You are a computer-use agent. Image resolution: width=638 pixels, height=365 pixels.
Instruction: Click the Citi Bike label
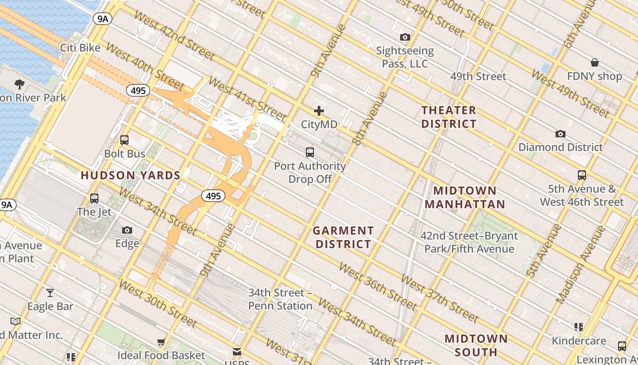click(x=81, y=48)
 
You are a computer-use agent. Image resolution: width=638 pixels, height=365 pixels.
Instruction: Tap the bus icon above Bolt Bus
click(x=124, y=140)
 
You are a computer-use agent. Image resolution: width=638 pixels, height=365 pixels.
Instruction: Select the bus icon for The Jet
click(x=94, y=198)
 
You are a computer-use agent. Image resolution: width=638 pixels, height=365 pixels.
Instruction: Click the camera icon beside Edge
click(x=127, y=230)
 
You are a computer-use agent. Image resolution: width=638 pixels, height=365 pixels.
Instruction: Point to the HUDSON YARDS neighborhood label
click(x=131, y=176)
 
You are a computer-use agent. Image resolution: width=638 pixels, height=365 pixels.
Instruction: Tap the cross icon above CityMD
click(x=319, y=111)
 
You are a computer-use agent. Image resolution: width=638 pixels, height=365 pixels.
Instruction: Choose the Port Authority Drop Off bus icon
click(x=310, y=152)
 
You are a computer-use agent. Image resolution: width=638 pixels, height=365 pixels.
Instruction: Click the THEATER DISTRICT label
click(x=449, y=117)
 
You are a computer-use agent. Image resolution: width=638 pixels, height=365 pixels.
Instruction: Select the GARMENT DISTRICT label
click(x=344, y=237)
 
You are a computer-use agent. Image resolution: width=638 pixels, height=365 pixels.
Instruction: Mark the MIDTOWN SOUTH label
click(x=476, y=345)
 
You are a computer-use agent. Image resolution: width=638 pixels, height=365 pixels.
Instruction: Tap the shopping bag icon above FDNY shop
click(x=594, y=63)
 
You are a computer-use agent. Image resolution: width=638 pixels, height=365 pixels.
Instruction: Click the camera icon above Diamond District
click(x=561, y=134)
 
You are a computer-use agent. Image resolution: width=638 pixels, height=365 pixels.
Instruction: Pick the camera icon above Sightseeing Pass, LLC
click(x=405, y=37)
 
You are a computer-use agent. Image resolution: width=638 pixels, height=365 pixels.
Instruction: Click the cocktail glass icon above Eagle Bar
click(x=50, y=292)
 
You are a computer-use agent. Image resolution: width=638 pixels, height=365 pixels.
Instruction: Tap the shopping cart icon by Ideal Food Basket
click(x=161, y=342)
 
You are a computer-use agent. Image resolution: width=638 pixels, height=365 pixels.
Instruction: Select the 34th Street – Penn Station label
click(x=280, y=299)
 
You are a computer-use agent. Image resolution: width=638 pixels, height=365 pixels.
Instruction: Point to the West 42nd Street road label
click(x=174, y=41)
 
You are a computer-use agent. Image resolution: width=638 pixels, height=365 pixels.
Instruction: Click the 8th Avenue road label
click(x=370, y=119)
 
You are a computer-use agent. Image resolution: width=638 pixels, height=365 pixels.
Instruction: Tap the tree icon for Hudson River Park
click(x=20, y=84)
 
